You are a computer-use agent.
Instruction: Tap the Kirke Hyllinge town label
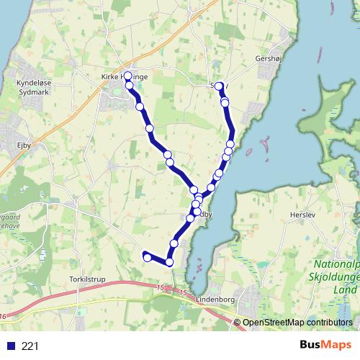124,75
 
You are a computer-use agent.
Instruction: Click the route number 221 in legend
30,346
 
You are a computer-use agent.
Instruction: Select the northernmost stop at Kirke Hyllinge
128,76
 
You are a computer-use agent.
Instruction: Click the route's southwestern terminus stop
147,257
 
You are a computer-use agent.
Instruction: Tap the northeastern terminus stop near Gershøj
219,86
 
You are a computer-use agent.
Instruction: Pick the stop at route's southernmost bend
170,262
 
